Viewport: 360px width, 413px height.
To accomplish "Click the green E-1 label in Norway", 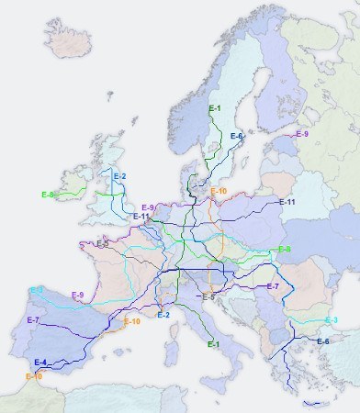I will (214, 109).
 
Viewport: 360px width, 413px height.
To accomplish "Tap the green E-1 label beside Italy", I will (213, 344).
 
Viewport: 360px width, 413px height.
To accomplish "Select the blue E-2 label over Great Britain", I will (120, 175).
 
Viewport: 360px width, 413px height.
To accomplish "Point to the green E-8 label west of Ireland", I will (48, 195).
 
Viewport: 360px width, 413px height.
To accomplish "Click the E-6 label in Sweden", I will (236, 136).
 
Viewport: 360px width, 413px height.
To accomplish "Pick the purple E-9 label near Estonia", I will (302, 134).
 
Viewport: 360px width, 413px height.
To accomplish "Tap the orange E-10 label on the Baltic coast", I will (219, 191).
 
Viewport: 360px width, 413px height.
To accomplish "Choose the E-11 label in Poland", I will (287, 201).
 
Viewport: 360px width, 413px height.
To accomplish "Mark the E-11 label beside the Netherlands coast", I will (141, 217).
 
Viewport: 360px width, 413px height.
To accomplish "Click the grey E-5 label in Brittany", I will (102, 244).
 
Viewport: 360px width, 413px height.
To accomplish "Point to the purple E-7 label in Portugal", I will (32, 319).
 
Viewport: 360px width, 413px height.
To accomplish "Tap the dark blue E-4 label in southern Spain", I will (39, 363).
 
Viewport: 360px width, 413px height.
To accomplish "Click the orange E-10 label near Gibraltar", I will (34, 376).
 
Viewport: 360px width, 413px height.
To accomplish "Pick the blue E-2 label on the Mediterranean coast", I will (163, 315).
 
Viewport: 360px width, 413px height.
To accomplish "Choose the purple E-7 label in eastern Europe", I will (272, 286).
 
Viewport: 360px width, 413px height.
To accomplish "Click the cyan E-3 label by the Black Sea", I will (332, 319).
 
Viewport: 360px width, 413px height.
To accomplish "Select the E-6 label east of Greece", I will (322, 341).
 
